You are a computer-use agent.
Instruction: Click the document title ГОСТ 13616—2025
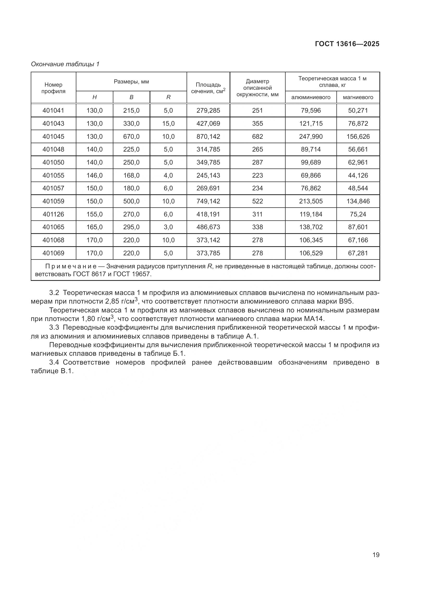pos(347,44)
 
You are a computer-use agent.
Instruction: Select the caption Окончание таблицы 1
pos(65,64)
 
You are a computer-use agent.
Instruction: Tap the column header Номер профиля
pos(53,88)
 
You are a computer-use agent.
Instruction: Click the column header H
pos(95,97)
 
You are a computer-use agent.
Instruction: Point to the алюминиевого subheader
pos(311,97)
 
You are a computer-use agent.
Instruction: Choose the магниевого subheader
pos(358,97)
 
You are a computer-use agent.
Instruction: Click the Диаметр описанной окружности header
pos(257,88)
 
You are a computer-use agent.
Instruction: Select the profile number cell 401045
pos(53,137)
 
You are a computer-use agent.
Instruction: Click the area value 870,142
pos(208,137)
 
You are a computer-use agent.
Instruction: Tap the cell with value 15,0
pos(168,124)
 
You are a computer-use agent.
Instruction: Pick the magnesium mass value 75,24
pos(358,214)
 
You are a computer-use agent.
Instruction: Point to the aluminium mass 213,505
pos(311,201)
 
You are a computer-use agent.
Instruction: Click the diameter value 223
pos(257,175)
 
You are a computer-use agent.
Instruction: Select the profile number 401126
pos(53,214)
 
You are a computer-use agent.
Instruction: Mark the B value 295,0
pos(131,227)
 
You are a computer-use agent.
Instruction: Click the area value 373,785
pos(208,253)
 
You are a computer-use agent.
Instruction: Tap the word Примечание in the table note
pos(71,267)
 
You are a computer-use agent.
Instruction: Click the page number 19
pos(376,555)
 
